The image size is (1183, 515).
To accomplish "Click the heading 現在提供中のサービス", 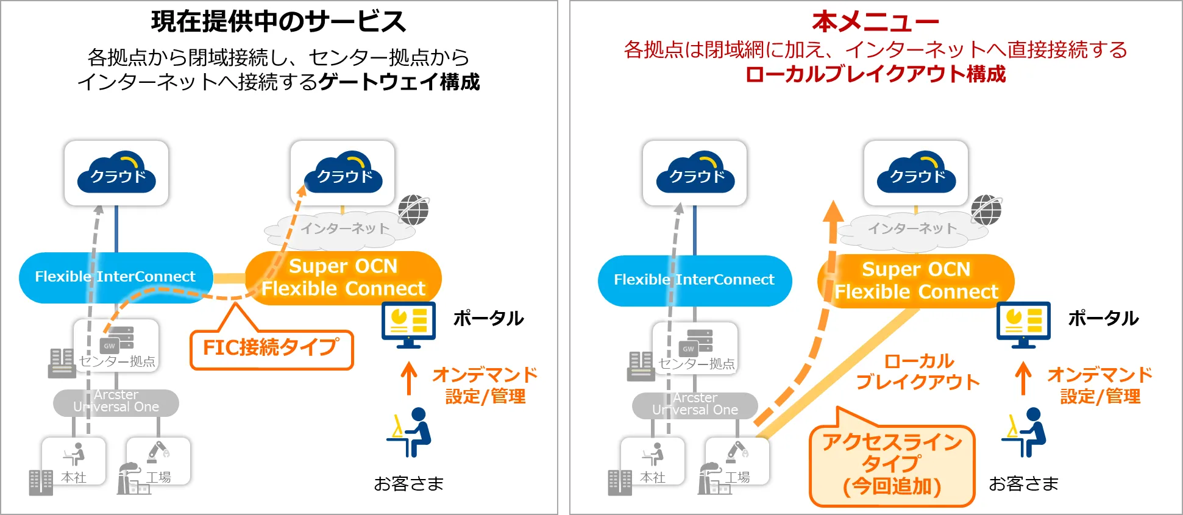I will [x=279, y=21].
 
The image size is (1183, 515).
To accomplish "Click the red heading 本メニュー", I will [x=875, y=21].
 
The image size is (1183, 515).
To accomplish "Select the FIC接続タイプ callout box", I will [x=271, y=349].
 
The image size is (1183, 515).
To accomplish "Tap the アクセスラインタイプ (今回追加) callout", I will [x=892, y=464].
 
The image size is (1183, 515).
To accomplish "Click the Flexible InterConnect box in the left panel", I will [x=116, y=277].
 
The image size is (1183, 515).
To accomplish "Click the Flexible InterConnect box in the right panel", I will [x=694, y=280].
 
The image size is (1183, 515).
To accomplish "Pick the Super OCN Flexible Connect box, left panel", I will [x=343, y=277].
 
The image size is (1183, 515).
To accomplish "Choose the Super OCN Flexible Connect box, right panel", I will [x=916, y=280].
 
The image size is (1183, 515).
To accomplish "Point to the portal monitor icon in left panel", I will [x=408, y=324].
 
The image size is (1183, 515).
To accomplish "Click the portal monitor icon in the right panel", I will [x=1023, y=324].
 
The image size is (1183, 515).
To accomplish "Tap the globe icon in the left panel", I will [x=414, y=210].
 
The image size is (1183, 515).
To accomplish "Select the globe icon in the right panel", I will [x=986, y=210].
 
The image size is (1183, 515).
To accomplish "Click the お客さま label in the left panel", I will [x=408, y=484].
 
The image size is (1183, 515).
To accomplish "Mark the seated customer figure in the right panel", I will [x=1025, y=432].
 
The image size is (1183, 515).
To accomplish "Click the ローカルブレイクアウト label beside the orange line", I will [x=918, y=371].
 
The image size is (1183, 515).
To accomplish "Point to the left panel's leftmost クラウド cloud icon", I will [x=116, y=174].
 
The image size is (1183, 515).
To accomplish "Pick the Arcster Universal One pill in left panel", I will [x=116, y=402].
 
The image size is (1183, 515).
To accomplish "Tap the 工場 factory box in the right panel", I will [x=737, y=461].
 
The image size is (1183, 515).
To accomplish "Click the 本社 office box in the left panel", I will [x=74, y=461].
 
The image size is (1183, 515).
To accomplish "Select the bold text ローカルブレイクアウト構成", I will [x=875, y=74].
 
